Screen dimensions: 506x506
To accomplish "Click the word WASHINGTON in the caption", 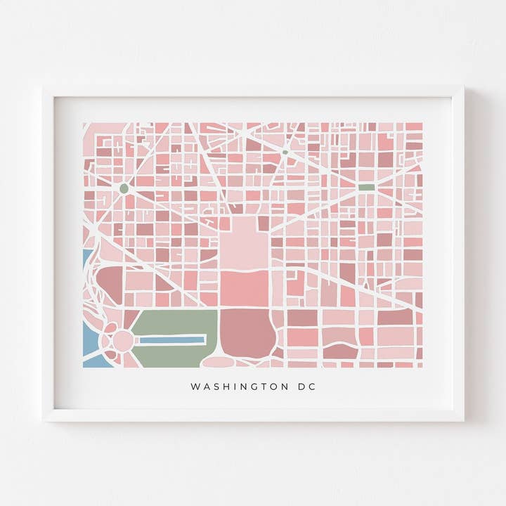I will click(235, 387).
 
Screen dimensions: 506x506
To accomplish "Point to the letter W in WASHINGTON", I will click(195, 387).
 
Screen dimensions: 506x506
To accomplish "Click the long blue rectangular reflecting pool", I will click(172, 340).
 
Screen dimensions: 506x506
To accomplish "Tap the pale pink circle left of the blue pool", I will click(123, 341).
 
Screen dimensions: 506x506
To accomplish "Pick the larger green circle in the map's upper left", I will click(124, 188).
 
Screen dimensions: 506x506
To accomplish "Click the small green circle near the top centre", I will click(285, 152).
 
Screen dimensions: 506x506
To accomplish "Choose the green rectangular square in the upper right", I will click(366, 188).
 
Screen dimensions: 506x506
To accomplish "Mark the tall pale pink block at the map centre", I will click(243, 242).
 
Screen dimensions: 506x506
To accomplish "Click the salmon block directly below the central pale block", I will click(244, 288).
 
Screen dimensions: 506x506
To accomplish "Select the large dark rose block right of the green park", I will click(246, 332).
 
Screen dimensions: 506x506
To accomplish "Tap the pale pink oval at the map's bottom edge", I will click(219, 362).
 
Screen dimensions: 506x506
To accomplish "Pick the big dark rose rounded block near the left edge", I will click(110, 281).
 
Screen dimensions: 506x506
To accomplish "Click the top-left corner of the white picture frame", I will click(44, 88).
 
